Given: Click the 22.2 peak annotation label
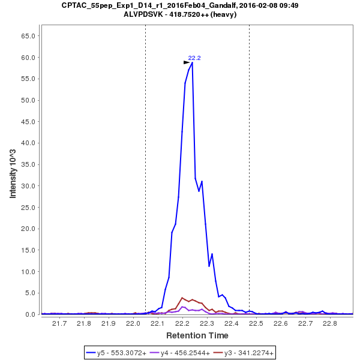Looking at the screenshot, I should (194, 58).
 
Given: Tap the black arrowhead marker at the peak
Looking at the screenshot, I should (187, 62).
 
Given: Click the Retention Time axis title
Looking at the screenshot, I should (197, 335).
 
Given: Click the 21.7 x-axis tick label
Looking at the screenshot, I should (59, 324).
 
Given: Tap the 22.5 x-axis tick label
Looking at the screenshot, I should (256, 324).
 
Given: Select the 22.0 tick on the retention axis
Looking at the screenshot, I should (133, 324).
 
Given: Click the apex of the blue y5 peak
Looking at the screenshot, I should (192, 62).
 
